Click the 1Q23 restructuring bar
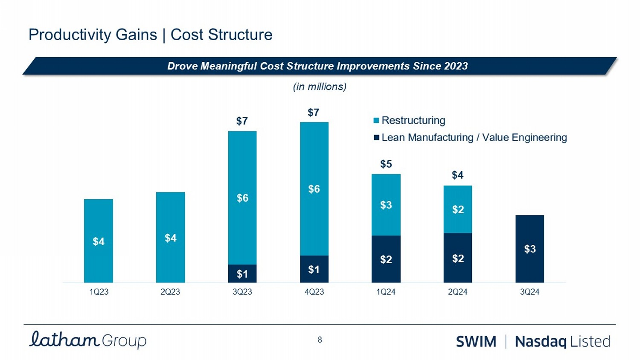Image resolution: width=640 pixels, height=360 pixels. pos(99,241)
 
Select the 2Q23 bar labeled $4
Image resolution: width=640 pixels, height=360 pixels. pos(170,237)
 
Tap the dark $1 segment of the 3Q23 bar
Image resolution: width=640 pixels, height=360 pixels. pos(242,273)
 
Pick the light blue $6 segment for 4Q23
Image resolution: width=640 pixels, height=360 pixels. pos(314,189)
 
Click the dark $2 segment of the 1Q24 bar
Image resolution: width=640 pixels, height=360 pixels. pos(386,259)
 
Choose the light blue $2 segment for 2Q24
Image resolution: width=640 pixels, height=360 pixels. pos(458,209)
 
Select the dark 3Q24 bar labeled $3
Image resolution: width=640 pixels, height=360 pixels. pos(529,249)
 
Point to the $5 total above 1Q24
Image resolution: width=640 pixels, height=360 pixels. pos(386,164)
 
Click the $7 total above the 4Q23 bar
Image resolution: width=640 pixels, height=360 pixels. pos(314,113)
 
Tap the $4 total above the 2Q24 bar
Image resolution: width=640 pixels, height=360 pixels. pos(457,175)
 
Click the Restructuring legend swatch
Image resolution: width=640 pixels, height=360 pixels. pos(376,121)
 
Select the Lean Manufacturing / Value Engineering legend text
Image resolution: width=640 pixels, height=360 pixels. pos(474,137)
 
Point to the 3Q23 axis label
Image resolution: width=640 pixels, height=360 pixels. pos(242,292)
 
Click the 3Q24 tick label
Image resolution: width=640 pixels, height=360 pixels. pos(529,292)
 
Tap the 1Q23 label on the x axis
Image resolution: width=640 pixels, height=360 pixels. pos(99,292)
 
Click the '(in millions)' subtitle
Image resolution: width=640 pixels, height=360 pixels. pos(320,87)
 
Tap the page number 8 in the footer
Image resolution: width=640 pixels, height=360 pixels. pos(320,340)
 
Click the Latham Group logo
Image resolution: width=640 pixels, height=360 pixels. pos(88,340)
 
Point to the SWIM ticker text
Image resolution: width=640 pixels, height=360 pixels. pos(476,342)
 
